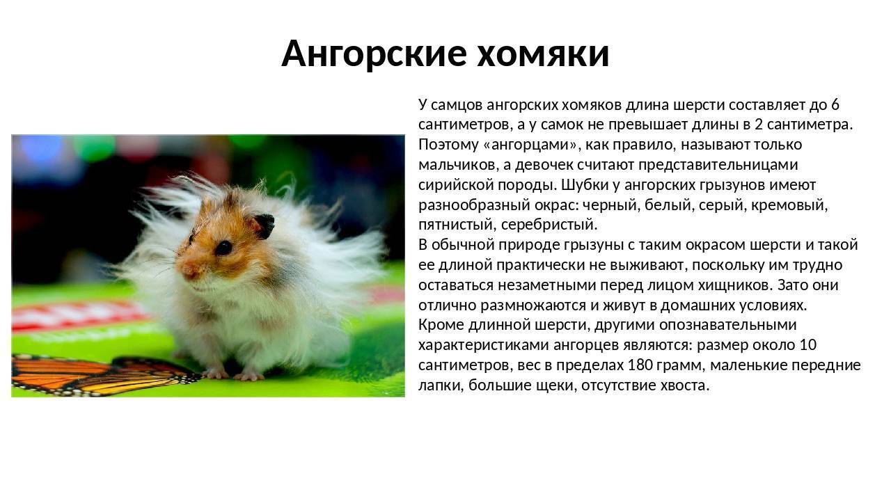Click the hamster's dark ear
coord(263,226)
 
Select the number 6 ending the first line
coord(835,105)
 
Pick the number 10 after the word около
coord(807,344)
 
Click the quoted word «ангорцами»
coord(530,145)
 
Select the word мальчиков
coord(457,165)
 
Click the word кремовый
coord(790,205)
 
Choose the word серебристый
coord(549,225)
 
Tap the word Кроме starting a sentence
coord(441,325)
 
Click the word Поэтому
coord(448,145)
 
